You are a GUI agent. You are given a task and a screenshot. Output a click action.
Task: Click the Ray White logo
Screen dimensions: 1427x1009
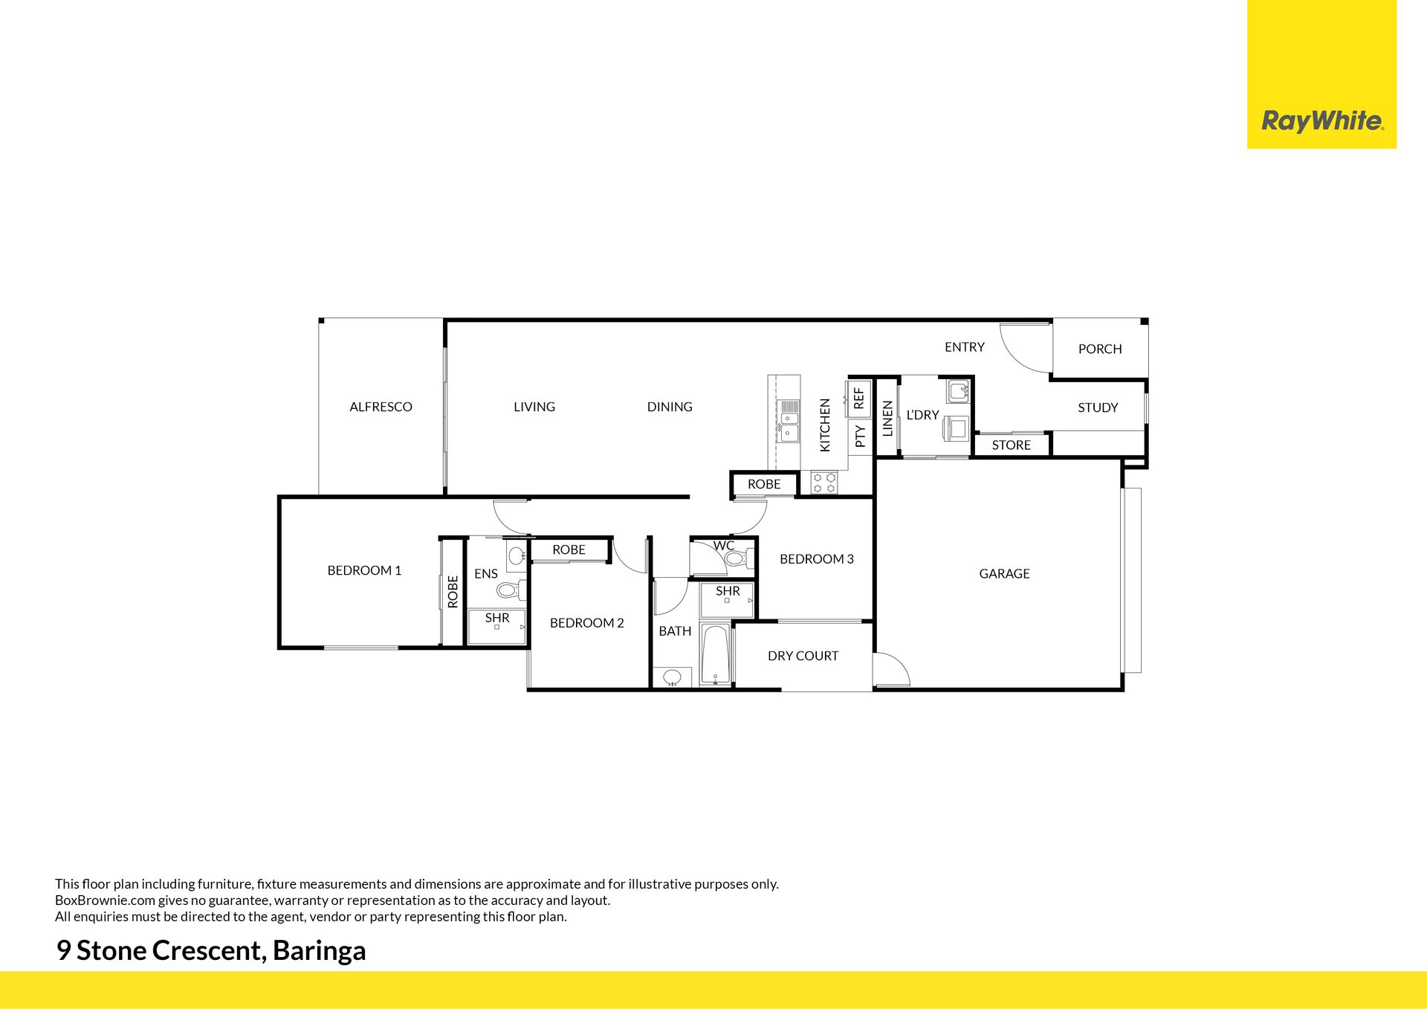[1322, 121]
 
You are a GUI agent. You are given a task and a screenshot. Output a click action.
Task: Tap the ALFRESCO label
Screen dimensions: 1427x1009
[381, 407]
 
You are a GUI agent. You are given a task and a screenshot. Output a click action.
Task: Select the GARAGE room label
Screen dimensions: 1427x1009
[1004, 573]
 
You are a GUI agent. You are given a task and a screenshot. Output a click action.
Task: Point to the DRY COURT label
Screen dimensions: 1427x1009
[803, 656]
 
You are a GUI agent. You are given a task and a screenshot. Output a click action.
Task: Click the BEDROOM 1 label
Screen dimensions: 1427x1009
[364, 570]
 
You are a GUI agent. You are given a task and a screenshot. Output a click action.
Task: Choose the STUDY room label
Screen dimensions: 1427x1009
[1098, 407]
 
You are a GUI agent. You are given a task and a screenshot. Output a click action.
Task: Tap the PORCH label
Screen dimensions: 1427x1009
[1100, 349]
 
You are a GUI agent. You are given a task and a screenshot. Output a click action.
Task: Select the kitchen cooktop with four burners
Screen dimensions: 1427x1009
[824, 483]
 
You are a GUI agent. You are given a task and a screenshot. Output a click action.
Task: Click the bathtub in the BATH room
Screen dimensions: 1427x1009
[716, 655]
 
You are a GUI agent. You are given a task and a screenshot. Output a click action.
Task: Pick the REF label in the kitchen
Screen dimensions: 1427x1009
[859, 399]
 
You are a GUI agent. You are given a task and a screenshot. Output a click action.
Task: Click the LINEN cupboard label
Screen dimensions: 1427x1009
[887, 419]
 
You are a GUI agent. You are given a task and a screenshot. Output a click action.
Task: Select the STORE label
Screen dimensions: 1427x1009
[1012, 445]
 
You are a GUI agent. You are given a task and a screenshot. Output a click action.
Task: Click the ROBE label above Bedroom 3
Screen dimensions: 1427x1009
[764, 484]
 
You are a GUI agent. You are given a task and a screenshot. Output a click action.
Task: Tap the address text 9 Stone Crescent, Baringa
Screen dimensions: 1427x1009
[211, 951]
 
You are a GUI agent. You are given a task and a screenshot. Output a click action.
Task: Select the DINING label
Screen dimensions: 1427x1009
[670, 407]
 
